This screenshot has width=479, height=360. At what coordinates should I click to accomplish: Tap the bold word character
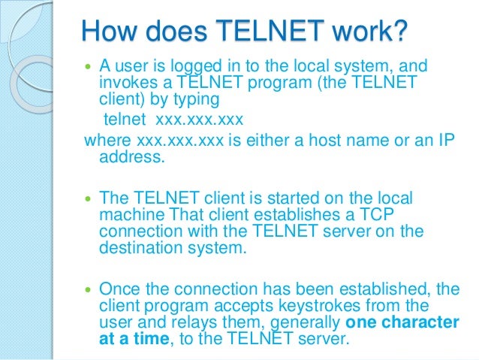pos(417,322)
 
